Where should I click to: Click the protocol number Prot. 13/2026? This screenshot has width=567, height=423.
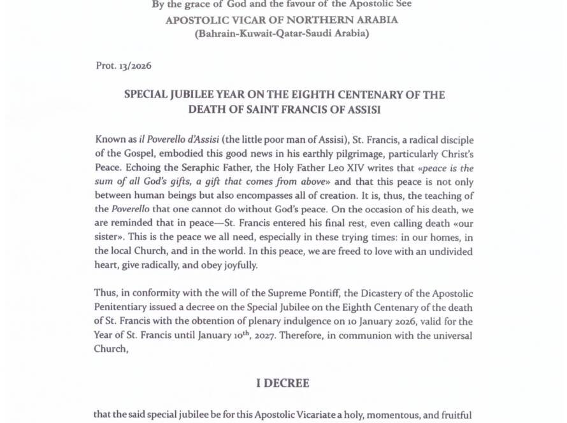point(123,66)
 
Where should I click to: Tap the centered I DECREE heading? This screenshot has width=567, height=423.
point(283,383)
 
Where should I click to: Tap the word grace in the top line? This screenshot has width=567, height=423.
point(192,4)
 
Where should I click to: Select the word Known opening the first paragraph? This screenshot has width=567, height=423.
point(110,140)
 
